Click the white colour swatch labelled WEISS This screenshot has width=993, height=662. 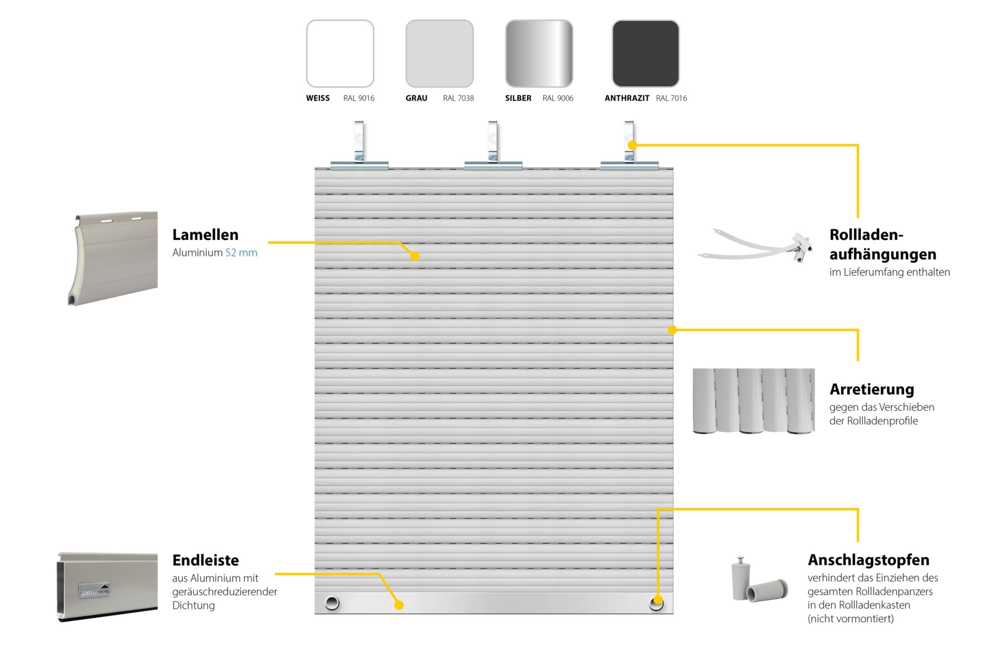340,53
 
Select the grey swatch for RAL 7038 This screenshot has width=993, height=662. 440,53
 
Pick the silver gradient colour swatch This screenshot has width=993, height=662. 539,53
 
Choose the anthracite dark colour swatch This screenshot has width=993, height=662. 646,53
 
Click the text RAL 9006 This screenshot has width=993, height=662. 558,98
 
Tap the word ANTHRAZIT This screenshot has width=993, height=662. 627,98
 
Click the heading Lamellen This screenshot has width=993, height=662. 205,234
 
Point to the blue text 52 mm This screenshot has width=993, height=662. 241,252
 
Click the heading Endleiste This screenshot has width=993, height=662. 205,560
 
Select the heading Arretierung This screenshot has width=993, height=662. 872,389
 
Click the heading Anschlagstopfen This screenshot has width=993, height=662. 869,560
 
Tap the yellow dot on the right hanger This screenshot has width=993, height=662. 632,145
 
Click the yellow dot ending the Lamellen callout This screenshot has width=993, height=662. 414,256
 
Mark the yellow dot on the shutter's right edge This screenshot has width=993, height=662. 672,330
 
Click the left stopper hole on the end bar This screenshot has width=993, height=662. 332,602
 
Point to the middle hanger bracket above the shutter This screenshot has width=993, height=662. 493,146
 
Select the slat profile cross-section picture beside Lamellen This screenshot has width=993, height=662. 113,258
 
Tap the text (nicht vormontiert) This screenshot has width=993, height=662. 850,618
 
